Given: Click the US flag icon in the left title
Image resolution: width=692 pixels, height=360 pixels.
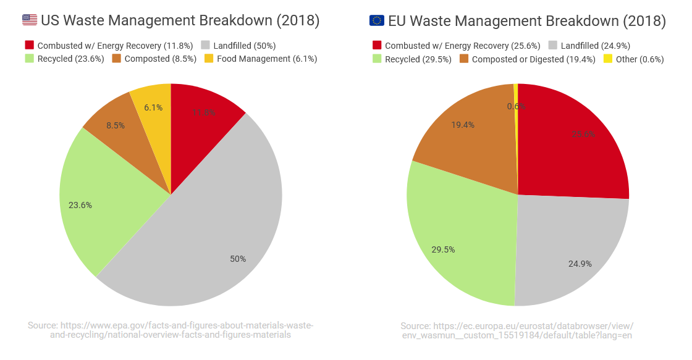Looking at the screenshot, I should pos(30,20).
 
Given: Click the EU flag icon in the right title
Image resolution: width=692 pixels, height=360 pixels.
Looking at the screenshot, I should pos(376,20).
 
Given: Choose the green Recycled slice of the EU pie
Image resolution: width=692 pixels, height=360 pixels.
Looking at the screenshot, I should pos(457,241).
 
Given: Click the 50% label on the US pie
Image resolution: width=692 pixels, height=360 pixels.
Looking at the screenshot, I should pos(238,259).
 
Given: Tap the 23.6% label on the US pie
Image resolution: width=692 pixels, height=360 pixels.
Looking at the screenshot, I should pos(80,205).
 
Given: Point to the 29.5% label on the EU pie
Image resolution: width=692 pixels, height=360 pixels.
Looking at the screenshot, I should pos(443,249).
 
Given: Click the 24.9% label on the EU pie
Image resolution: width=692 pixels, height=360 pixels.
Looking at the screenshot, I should pos(580,264).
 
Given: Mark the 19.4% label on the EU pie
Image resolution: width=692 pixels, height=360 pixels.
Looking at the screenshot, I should pos(463,125).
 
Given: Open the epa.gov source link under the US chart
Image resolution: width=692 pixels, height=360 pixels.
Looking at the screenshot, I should pos(171,330).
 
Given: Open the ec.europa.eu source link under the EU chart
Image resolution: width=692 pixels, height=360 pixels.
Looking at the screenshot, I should pos(517,330).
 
